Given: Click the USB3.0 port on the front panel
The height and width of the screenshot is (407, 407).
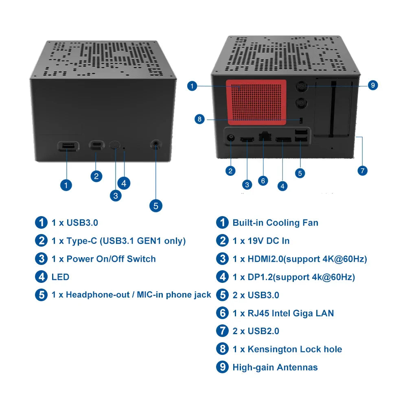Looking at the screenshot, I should click(x=68, y=146).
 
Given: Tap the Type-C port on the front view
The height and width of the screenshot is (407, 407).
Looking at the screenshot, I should click(x=96, y=145).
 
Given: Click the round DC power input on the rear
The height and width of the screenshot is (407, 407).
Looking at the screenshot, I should click(x=231, y=138).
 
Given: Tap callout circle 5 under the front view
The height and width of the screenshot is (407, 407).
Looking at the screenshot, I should click(x=156, y=206).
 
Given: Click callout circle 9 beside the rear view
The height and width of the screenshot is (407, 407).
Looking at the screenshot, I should click(x=372, y=85).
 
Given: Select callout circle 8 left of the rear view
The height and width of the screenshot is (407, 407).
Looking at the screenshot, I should click(x=199, y=119).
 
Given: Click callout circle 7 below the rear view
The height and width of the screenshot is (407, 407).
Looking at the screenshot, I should click(x=362, y=170).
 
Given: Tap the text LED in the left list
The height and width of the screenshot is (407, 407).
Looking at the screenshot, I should click(x=60, y=277).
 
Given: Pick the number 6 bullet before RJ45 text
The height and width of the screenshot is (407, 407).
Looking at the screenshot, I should click(x=222, y=313).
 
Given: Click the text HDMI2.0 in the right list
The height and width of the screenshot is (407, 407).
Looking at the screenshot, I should click(x=265, y=259).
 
